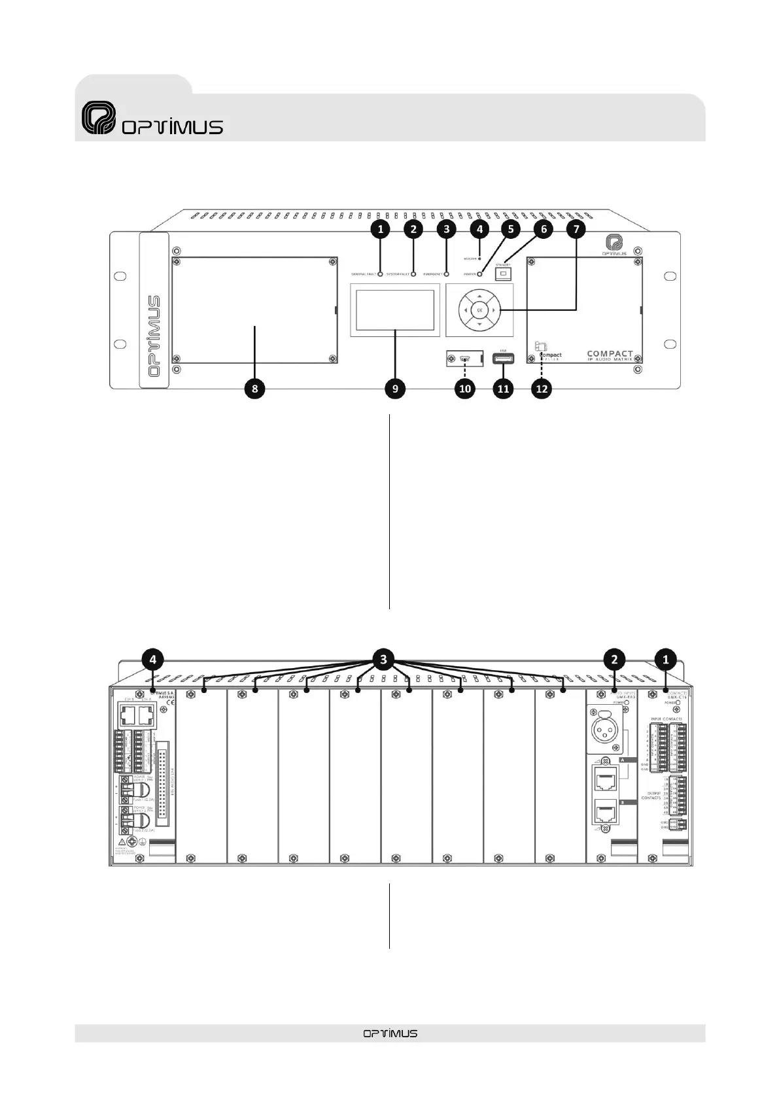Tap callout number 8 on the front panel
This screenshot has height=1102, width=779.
(254, 389)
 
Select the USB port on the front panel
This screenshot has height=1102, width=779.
(503, 358)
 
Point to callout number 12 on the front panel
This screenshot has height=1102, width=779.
(542, 389)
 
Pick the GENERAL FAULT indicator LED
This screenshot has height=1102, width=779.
(380, 274)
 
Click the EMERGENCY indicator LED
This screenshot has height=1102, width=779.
(446, 274)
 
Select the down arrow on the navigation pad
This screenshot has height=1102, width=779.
(479, 324)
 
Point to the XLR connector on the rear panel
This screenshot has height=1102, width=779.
(606, 730)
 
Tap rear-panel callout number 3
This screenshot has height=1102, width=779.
(383, 659)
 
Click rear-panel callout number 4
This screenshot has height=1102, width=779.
(152, 659)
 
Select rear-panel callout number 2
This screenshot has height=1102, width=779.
(614, 659)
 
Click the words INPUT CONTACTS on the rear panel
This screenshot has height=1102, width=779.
(666, 719)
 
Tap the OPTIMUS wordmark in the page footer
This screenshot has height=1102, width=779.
(390, 1033)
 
